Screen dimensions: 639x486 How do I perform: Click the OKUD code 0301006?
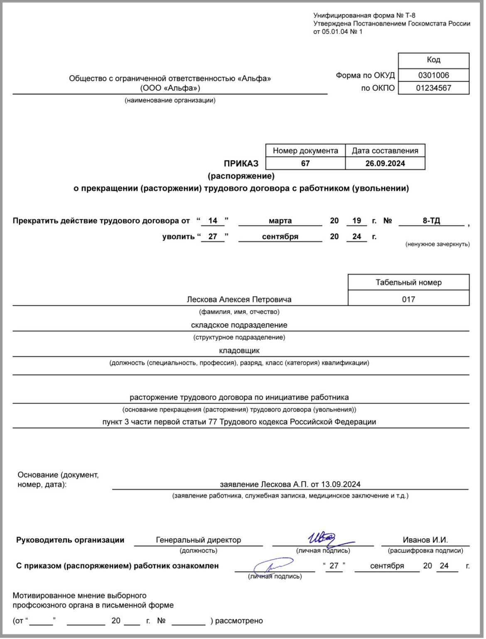tap(433, 75)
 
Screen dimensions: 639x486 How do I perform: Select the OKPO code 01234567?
tap(433, 88)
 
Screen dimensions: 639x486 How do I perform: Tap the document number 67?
tap(305, 163)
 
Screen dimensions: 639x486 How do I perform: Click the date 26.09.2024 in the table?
tap(385, 163)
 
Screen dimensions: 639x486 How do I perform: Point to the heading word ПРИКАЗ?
tap(241, 163)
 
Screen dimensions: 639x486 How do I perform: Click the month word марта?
tap(280, 221)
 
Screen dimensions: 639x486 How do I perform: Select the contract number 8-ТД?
tap(431, 221)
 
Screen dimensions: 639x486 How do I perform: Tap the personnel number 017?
tap(408, 299)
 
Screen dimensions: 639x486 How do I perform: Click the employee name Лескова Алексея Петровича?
tap(239, 299)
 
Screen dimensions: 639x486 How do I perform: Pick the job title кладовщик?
tap(239, 351)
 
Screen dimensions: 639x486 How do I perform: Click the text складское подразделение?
tap(239, 325)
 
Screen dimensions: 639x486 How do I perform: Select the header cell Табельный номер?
tap(408, 282)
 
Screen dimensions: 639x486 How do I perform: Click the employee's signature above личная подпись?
tap(272, 566)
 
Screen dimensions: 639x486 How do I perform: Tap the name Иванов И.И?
tap(425, 540)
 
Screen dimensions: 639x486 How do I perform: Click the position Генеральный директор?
tap(198, 540)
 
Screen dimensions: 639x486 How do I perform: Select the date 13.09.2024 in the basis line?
tap(341, 484)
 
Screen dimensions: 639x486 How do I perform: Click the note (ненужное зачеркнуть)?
tap(437, 244)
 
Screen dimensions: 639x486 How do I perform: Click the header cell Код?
tap(433, 60)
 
